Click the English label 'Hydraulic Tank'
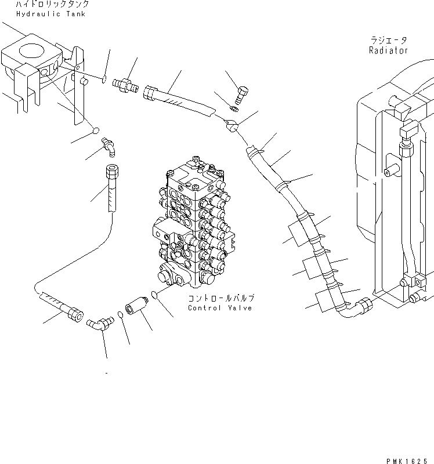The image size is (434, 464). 52,13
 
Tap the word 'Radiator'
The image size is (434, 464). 388,50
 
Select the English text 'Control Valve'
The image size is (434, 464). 220,308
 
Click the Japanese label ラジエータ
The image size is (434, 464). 388,41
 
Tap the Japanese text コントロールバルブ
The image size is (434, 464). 220,298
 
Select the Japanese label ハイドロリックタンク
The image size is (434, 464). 52,4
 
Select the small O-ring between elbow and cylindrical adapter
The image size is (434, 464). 119,314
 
